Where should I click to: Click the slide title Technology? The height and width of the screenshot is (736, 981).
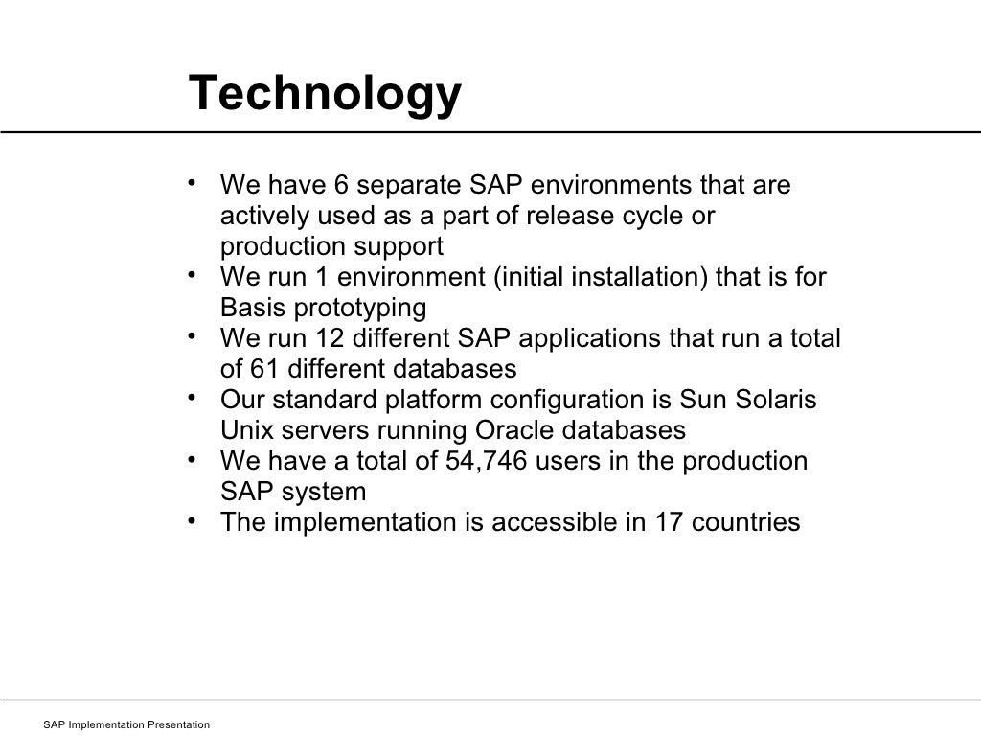(325, 94)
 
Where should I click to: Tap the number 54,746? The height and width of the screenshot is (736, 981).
(489, 462)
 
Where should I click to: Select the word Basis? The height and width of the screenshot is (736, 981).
(248, 309)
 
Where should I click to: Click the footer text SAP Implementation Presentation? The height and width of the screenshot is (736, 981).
(126, 725)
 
